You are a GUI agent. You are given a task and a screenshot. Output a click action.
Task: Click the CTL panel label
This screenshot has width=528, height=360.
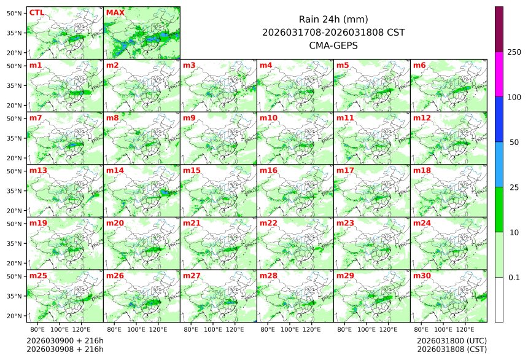pos(37,12)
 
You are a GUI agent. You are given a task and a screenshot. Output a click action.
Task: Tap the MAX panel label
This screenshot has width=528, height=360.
pos(115,12)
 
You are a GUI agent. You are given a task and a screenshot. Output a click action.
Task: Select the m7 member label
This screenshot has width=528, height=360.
pos(36,117)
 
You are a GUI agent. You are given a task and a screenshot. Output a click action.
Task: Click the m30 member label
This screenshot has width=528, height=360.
pos(422,275)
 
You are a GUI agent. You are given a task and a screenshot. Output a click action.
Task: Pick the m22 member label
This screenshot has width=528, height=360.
pos(268,223)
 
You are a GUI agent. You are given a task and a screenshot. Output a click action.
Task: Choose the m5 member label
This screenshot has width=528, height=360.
pos(343,65)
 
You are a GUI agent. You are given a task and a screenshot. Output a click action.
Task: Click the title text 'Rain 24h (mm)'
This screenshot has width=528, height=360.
pos(333,19)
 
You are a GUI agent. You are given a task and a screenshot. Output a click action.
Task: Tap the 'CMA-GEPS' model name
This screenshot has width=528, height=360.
pos(333,45)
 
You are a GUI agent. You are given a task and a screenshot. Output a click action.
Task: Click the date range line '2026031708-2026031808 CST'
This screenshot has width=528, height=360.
pos(333,32)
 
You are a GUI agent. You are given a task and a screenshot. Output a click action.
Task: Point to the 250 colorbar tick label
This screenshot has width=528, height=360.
pos(514,52)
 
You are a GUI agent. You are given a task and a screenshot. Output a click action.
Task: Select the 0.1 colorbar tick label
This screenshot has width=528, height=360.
pos(514,278)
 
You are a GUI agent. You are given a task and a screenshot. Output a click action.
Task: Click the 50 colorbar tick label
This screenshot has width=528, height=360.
pos(514,143)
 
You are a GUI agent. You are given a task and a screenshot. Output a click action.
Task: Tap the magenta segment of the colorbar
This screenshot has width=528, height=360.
pos(499,74)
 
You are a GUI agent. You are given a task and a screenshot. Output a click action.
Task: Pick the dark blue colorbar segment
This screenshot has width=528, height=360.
pos(499,119)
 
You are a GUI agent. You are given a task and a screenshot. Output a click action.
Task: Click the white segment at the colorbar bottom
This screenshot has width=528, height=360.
pos(499,299)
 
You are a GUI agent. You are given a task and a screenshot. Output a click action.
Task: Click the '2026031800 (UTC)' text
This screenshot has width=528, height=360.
pos(452,340)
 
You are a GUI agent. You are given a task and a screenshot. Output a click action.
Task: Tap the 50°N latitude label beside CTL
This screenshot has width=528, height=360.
pos(14,13)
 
